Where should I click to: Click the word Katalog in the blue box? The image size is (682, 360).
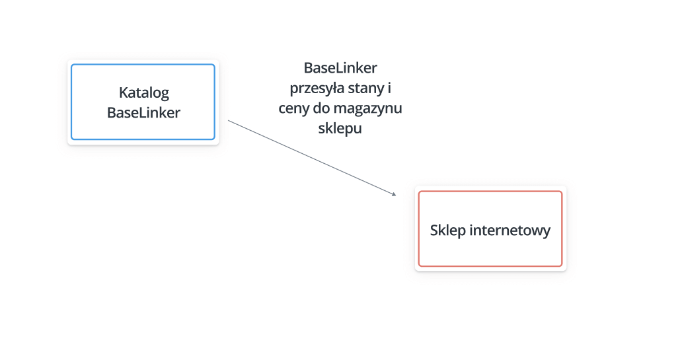pos(143,93)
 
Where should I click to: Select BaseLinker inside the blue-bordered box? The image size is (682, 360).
pos(143,112)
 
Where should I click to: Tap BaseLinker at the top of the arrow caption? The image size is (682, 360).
pos(340,68)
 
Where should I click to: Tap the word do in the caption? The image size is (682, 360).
pos(321,108)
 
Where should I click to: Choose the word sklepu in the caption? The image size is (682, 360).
pos(340,129)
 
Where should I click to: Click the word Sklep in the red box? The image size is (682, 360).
pos(447,231)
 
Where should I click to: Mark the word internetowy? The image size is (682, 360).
pos(510,231)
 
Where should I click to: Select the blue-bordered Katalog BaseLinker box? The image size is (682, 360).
pos(143,65)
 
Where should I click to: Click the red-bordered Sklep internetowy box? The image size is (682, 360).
pos(490,192)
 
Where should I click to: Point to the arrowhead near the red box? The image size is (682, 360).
pos(394,194)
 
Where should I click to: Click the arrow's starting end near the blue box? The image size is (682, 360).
pos(229,120)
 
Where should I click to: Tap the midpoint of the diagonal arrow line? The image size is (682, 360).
pos(313,158)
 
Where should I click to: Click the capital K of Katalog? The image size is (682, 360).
pos(123,92)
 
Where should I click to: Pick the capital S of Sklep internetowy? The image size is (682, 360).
pos(434,231)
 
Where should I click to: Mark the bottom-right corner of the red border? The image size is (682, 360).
pos(562,266)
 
